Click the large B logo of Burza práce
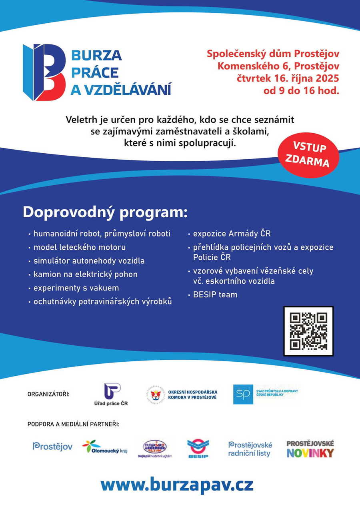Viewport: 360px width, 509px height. click(44, 72)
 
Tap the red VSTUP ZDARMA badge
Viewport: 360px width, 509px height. click(308, 155)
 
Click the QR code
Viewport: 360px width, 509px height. click(308, 331)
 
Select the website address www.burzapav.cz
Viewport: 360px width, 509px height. click(177, 485)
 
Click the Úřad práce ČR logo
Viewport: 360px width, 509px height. click(114, 394)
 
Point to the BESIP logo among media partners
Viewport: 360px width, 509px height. click(198, 449)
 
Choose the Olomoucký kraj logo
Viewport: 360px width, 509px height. click(104, 447)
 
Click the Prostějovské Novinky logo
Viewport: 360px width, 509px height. click(310, 449)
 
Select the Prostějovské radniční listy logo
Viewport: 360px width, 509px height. click(250, 449)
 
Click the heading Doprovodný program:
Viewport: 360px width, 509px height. click(105, 212)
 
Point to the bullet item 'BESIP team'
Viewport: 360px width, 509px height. click(215, 295)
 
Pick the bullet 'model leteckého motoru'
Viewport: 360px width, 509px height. click(79, 247)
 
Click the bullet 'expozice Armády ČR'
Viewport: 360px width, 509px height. click(232, 234)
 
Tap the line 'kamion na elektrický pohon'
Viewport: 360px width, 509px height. click(85, 275)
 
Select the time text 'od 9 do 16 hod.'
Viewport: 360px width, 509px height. click(301, 90)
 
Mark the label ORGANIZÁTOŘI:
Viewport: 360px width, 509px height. click(48, 394)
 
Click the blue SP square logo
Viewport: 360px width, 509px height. click(243, 394)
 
